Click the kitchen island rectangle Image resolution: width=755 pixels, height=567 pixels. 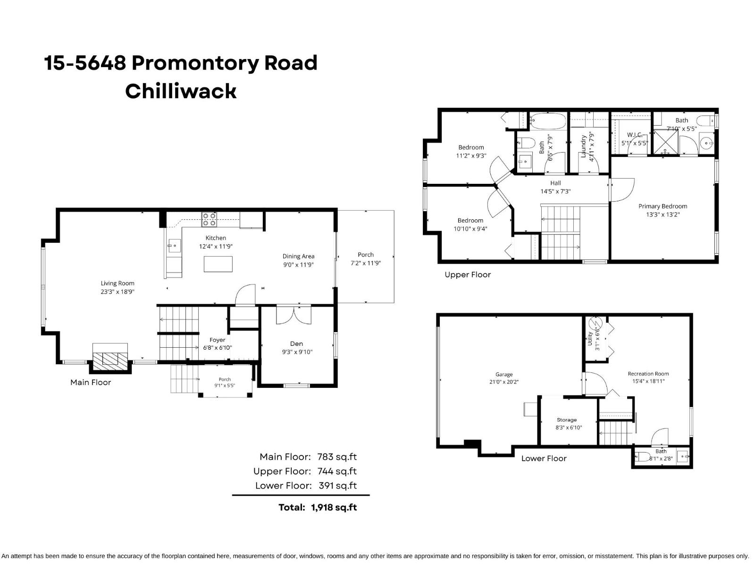[x=218, y=264]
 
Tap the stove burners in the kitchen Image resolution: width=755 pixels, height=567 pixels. [x=210, y=220]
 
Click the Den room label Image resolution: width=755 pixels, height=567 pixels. [x=296, y=344]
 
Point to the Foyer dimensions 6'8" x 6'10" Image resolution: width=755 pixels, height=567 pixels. [x=218, y=348]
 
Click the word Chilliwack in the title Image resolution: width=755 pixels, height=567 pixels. [x=181, y=91]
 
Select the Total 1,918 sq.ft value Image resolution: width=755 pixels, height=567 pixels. [x=334, y=507]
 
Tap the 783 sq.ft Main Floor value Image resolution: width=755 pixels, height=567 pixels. [x=337, y=457]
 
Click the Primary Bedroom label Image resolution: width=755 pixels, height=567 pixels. [x=663, y=206]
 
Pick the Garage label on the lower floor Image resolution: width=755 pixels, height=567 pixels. [x=504, y=374]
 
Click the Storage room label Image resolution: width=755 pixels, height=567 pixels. [x=566, y=420]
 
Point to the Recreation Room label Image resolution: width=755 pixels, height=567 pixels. [x=648, y=374]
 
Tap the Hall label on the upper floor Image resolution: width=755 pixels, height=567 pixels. [x=555, y=183]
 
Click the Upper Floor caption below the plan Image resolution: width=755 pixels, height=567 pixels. [x=468, y=275]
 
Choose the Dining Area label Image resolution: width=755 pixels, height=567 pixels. [x=298, y=256]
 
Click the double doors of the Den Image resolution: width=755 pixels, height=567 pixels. [x=294, y=315]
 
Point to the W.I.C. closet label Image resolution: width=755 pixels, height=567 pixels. [x=635, y=135]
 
